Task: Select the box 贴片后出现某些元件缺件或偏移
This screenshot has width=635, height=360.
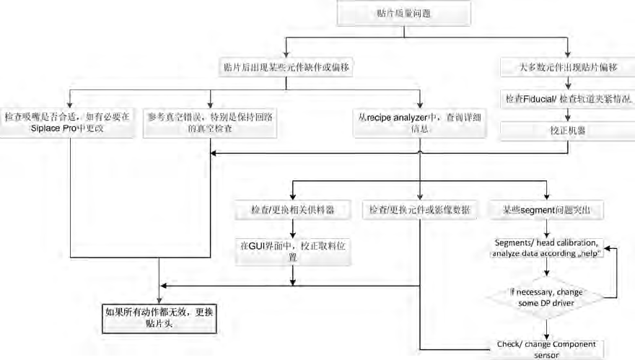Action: tap(287, 67)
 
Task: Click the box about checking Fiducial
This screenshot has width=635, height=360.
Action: tap(567, 98)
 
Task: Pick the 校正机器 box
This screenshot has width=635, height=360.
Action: tap(567, 130)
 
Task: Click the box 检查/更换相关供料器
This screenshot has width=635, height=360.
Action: tap(292, 210)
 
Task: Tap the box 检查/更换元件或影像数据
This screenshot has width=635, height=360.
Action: tap(420, 210)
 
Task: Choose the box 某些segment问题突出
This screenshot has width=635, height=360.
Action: tap(548, 210)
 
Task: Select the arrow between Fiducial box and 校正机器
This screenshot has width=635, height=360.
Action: tap(567, 114)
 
